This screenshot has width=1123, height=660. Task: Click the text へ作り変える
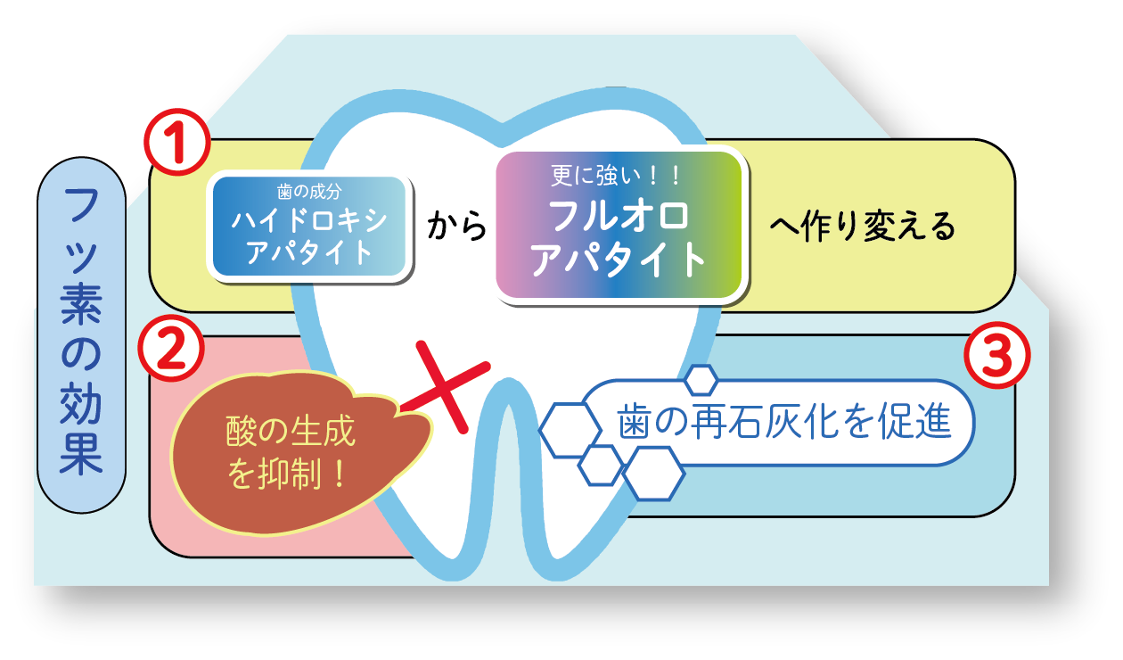point(862,227)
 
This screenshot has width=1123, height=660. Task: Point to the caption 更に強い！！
point(617,174)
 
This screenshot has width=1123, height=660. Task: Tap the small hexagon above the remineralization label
point(701,379)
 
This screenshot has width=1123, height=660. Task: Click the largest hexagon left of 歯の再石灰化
point(570,430)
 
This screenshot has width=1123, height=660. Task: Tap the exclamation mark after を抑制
point(338,471)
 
